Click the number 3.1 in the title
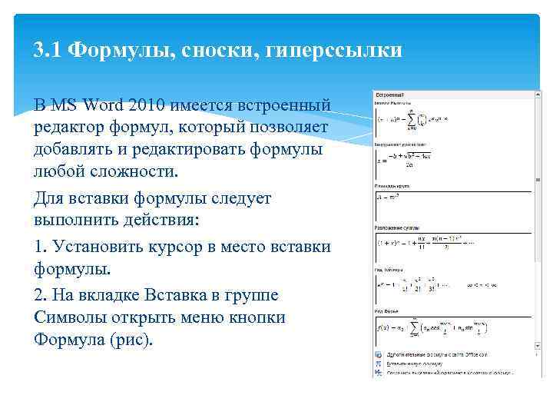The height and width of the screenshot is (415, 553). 48,51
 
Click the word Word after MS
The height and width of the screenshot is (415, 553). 104,104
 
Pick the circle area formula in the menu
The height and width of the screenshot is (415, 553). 391,198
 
